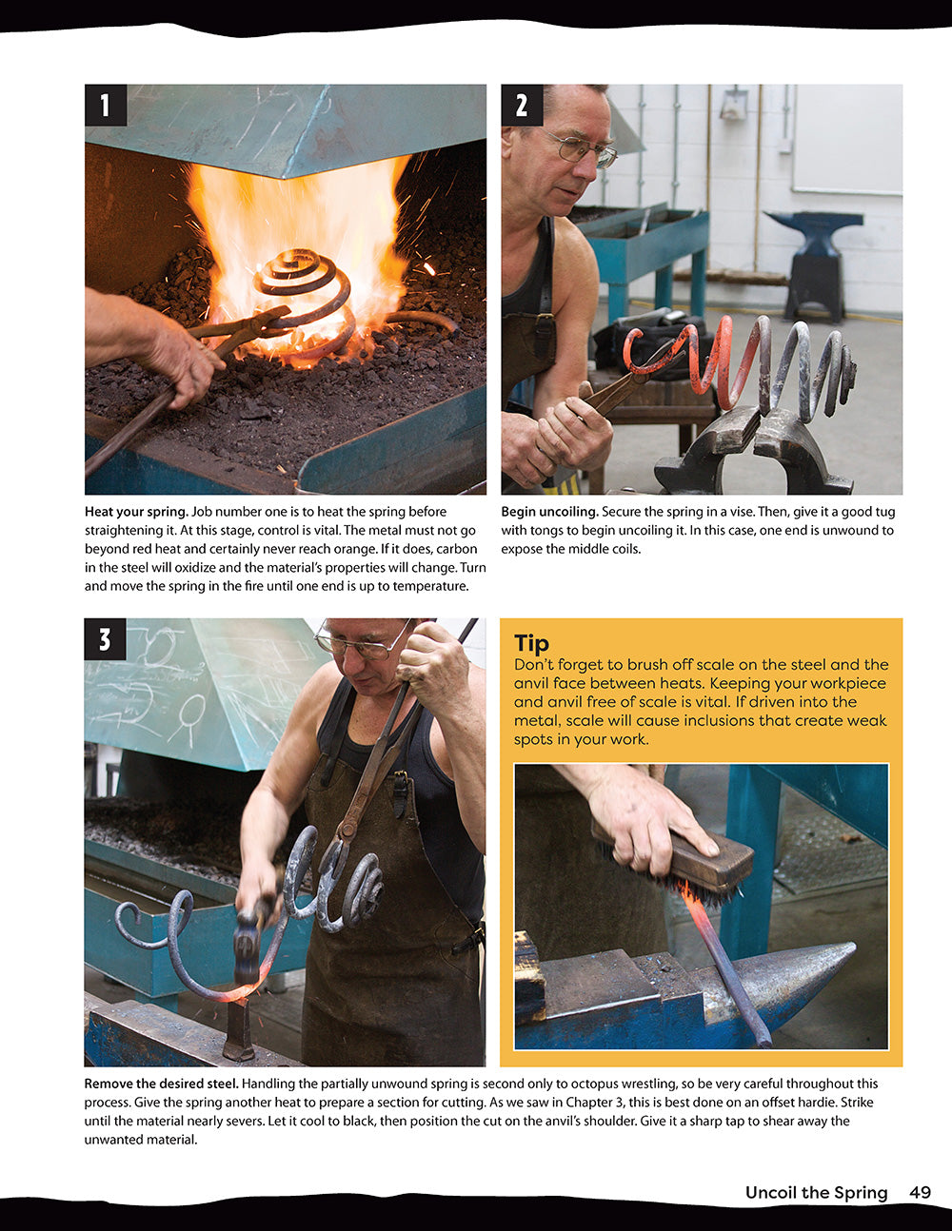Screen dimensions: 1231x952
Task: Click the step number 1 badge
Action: pos(106,106)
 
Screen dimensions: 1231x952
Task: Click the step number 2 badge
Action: pos(522,106)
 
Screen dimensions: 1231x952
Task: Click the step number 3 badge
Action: pos(106,639)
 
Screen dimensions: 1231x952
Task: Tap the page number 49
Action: pos(920,1192)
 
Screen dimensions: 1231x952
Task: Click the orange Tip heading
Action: pos(531,644)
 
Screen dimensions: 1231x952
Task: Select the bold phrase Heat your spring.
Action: pos(136,512)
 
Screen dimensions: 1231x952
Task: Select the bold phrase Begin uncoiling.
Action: pos(549,512)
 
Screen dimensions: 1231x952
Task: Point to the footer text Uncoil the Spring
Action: pos(816,1192)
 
